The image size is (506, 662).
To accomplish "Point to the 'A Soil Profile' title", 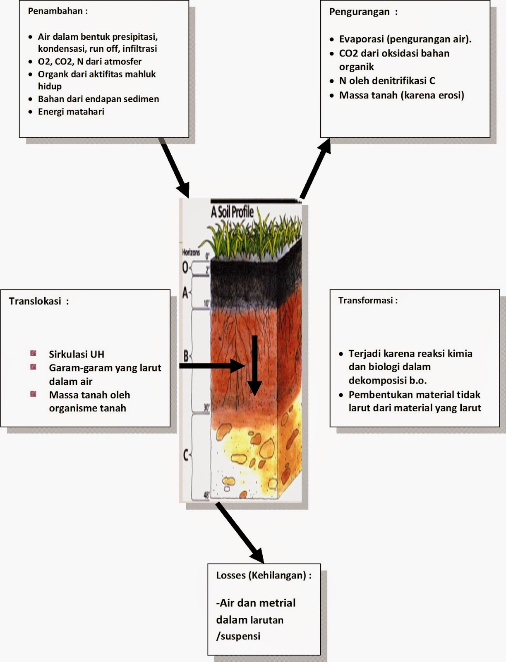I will [x=232, y=212].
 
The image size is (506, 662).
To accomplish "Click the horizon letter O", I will [x=185, y=268].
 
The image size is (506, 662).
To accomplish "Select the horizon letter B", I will [x=186, y=356].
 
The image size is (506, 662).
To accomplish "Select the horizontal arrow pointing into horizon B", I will [x=211, y=366].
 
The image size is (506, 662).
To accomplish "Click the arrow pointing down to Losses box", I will [x=240, y=532].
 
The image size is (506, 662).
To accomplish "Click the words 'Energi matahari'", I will [x=71, y=112].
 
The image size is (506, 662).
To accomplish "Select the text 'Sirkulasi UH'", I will [x=77, y=355].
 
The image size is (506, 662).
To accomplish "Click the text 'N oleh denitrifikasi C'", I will [x=387, y=81].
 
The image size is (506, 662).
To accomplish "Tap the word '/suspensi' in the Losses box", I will [x=238, y=636].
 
